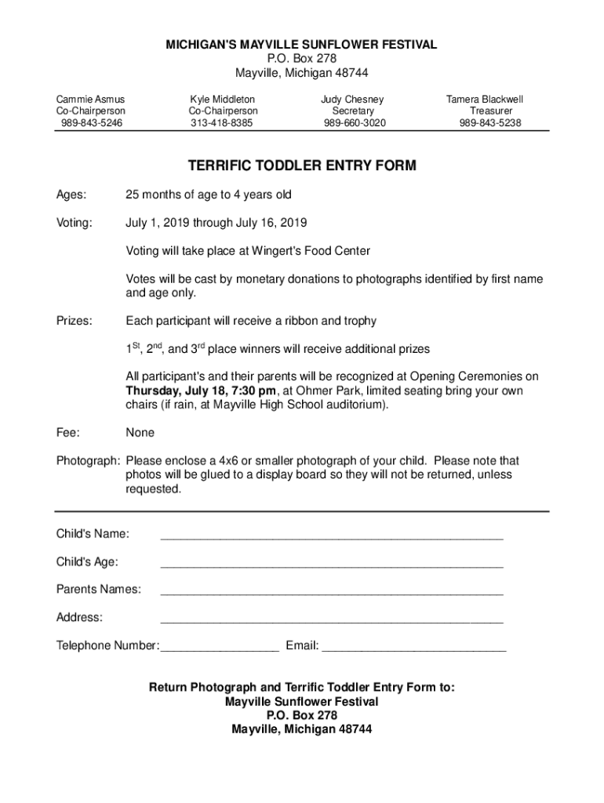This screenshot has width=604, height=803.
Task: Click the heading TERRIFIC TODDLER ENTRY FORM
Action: (302, 166)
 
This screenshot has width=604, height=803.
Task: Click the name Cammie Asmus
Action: (90, 100)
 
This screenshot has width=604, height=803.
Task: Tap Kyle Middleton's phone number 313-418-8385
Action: (222, 123)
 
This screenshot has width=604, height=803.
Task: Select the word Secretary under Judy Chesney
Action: (352, 111)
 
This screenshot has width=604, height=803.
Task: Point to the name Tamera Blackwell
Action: (485, 100)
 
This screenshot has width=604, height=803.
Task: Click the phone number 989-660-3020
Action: (355, 123)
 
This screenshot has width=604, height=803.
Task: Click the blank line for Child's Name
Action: (331, 537)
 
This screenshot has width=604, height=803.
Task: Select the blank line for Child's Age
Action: (331, 565)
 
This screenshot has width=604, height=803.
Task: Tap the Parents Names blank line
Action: (331, 592)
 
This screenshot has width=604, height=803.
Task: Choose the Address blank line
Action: (331, 620)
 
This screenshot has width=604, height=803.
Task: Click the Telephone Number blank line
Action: (219, 649)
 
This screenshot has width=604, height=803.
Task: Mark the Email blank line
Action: (414, 649)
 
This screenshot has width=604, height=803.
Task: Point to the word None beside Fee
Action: (140, 433)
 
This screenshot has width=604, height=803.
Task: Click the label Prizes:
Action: (74, 321)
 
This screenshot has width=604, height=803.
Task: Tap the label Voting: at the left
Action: (74, 223)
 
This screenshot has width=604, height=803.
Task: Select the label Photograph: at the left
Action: (88, 461)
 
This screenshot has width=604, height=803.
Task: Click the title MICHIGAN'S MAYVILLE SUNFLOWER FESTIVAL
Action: (302, 45)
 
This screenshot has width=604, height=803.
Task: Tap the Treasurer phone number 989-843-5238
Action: (490, 123)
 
